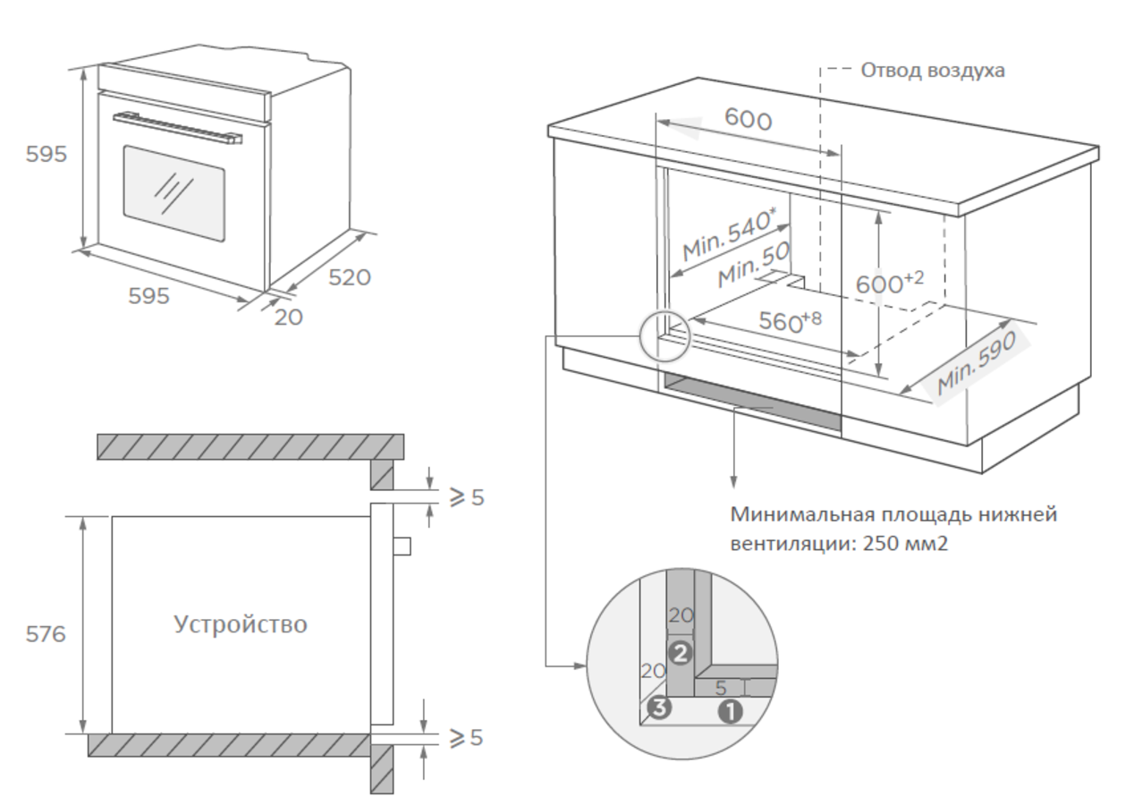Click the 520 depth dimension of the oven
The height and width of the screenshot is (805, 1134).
(350, 277)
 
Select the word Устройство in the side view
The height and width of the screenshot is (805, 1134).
(240, 623)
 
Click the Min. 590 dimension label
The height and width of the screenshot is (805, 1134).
(977, 365)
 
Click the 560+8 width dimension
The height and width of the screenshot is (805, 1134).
(790, 319)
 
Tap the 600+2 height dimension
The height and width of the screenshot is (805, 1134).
(889, 283)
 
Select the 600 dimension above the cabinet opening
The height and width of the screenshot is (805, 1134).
(748, 118)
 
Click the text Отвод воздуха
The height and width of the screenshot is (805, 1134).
(932, 70)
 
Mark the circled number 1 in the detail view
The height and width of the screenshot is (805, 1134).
(731, 712)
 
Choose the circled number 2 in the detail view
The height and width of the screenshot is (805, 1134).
(681, 653)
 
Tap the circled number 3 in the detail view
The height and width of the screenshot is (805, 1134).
(659, 709)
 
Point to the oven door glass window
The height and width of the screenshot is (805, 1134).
(173, 193)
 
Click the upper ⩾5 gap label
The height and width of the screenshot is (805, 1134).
(466, 497)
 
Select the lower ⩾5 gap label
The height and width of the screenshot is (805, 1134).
(466, 738)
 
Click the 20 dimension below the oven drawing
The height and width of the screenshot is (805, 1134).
(288, 316)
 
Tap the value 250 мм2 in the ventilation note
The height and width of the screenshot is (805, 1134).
(904, 544)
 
